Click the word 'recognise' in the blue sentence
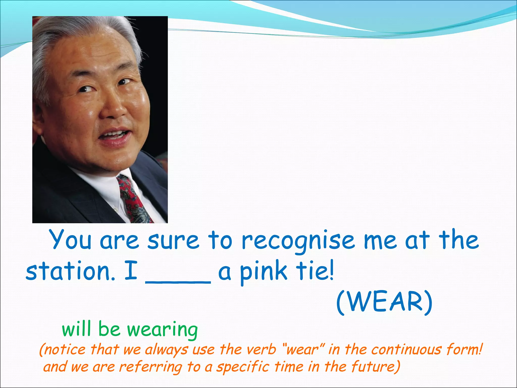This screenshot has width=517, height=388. [x=298, y=240]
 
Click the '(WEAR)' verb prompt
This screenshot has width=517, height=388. [x=384, y=302]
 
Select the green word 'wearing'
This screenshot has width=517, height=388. [x=162, y=330]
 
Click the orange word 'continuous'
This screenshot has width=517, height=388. [x=406, y=350]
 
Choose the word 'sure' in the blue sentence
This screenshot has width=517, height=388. [x=174, y=240]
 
